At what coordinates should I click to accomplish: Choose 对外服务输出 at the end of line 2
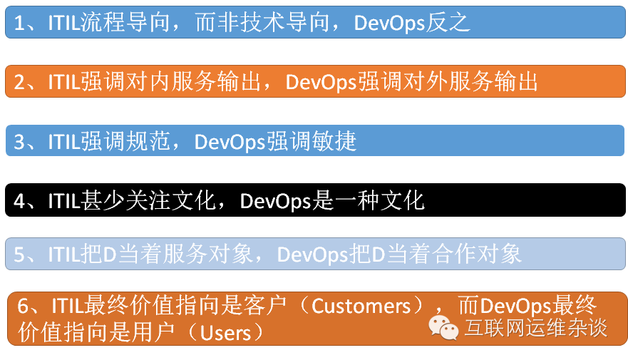(470, 82)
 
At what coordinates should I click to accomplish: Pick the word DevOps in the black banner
(275, 200)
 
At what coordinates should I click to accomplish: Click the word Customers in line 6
(361, 306)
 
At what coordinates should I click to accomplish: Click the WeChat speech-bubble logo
(443, 328)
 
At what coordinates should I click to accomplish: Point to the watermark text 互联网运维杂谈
(536, 328)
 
